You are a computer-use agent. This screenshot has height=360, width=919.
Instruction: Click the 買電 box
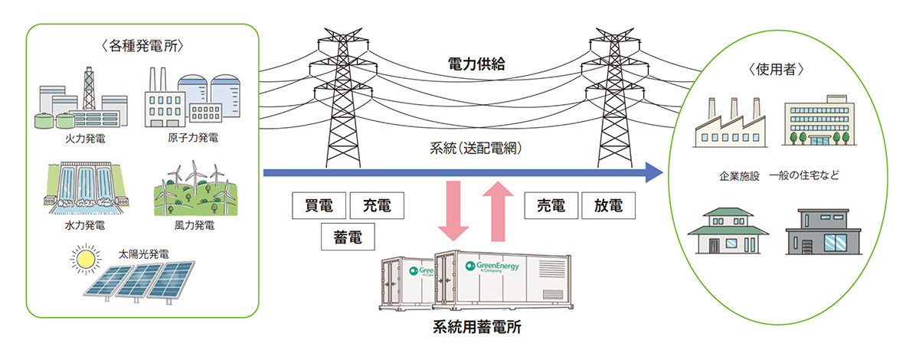(319, 206)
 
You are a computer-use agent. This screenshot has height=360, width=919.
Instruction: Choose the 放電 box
(609, 206)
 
